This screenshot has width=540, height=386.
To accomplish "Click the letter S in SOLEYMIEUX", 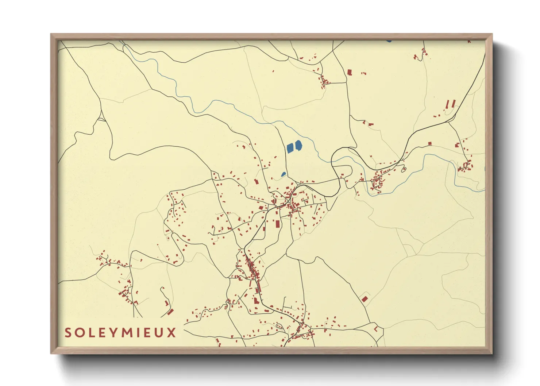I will pos(68,333).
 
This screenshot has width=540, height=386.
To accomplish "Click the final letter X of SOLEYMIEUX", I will pos(171,333).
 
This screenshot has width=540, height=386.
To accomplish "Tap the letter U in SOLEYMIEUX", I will pos(159,333).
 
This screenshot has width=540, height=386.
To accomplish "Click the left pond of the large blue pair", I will pos(290,148).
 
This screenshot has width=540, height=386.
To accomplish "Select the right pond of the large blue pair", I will pos(298,146).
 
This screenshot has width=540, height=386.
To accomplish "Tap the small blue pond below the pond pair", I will pos(283,174).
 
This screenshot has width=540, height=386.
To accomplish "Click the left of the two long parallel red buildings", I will pos(448,104).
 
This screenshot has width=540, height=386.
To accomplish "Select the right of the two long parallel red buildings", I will pos(454,104).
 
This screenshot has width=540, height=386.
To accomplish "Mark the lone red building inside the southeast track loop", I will pos(364,299).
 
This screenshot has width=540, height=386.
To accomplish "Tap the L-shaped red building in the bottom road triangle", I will pos(375,329).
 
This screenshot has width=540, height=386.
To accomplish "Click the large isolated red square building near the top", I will pos(350,72).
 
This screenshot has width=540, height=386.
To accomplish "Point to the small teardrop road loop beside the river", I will pos(404,169).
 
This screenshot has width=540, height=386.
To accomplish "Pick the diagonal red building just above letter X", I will pos(170,312).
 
